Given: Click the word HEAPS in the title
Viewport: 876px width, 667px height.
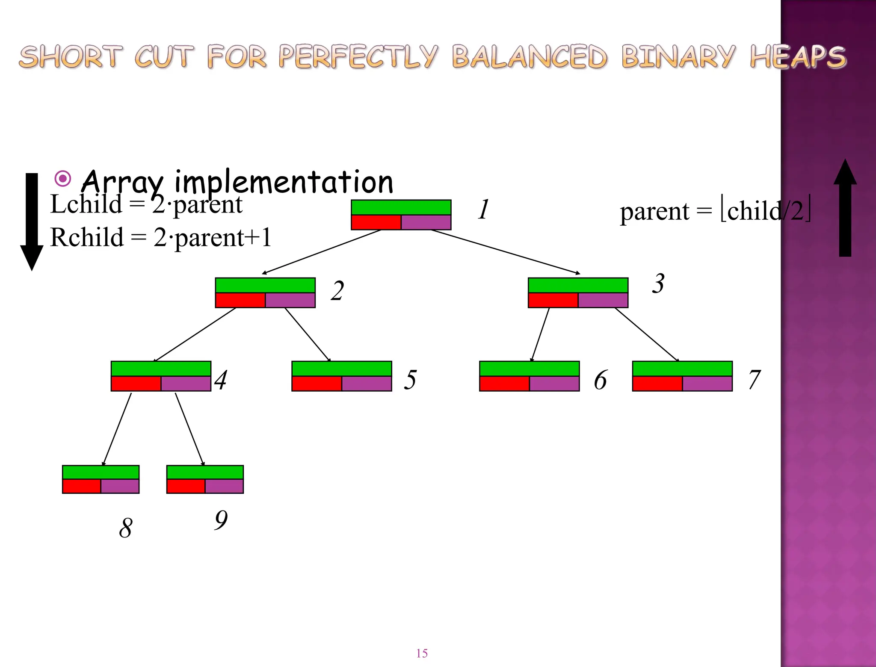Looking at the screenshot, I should pos(798,57).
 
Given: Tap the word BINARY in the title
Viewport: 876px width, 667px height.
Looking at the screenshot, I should pos(678,57).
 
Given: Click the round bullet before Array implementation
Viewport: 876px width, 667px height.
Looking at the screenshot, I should pos(63,178).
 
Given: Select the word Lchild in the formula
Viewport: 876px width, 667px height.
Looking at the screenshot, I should pos(86,204).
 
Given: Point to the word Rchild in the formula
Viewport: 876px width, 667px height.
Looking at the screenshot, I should pos(87,237).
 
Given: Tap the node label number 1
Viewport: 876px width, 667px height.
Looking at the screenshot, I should pos(483,210).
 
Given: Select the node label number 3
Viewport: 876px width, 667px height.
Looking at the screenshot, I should pos(658,283).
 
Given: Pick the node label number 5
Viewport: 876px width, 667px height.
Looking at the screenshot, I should pos(410,380).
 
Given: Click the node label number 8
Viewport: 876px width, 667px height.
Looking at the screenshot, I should pos(125,528).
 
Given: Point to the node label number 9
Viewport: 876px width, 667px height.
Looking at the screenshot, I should pos(221,520).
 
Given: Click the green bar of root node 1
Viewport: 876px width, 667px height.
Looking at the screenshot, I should pos(401,207).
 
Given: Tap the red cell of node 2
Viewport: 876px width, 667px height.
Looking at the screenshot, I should pos(240,300).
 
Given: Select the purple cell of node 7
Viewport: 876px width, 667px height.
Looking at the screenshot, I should pos(707,384).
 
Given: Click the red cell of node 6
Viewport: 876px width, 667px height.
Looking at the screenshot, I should pos(504,384).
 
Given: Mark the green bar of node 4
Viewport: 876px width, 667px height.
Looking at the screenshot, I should pos(161,369).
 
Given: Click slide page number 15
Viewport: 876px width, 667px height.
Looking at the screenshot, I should pos(422,653).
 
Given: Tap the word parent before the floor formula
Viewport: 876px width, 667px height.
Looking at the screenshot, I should pos(654,211).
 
